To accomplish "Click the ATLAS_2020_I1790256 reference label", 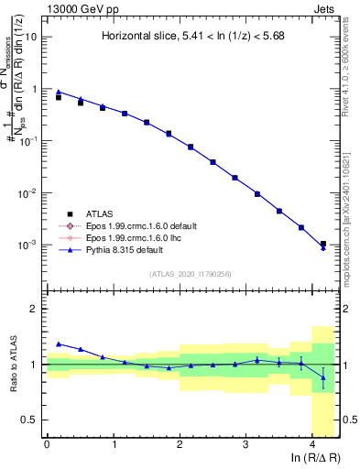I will pyautogui.click(x=191, y=273).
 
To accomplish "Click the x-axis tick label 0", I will pyautogui.click(x=47, y=445).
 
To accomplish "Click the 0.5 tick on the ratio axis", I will pyautogui.click(x=31, y=420).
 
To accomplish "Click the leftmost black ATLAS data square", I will pyautogui.click(x=58, y=96).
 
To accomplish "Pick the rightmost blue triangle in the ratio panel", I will pyautogui.click(x=322, y=377).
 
